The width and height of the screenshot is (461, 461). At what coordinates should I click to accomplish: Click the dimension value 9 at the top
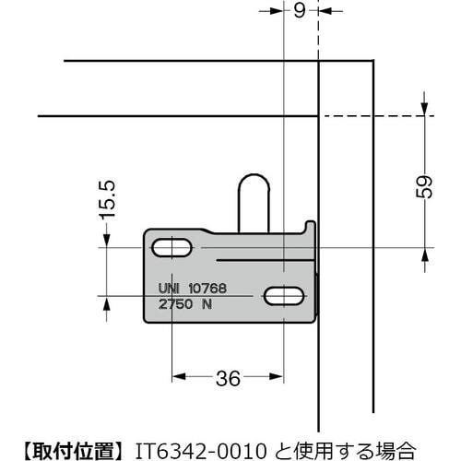point(300,12)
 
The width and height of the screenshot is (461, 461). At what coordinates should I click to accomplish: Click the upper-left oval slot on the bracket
point(172,248)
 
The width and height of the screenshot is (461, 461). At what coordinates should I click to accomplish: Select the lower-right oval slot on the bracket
point(285,296)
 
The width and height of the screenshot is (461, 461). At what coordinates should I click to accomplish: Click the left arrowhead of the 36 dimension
point(178,376)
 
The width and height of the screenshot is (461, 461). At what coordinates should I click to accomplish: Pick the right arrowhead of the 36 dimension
point(278,376)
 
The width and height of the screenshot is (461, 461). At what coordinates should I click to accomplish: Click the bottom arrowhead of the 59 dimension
point(425,254)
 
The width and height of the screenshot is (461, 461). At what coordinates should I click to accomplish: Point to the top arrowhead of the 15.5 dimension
point(108,240)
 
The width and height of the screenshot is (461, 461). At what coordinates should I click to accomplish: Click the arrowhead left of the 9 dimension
point(278,13)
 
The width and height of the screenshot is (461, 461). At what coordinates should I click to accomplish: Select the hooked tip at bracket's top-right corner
point(309,225)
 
